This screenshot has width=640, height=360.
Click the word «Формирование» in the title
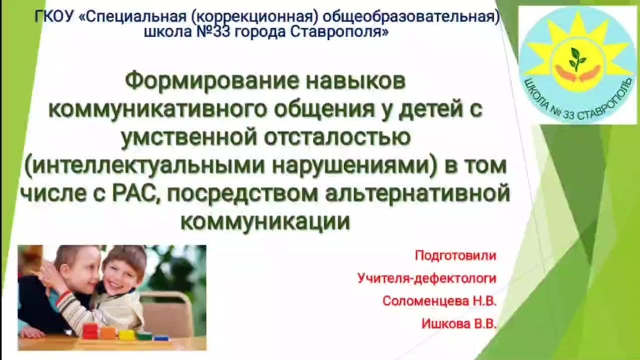pos(194,82)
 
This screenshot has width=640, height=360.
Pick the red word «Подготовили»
pos(455,256)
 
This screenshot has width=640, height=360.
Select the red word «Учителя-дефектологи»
pos(426,278)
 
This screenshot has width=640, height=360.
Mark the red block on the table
pos(90,330)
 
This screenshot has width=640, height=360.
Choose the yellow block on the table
pos(126,334)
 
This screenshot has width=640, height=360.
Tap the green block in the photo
pos(144,335)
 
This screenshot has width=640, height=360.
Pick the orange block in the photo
pos(108,332)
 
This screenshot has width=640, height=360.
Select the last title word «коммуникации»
pos(265,221)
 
